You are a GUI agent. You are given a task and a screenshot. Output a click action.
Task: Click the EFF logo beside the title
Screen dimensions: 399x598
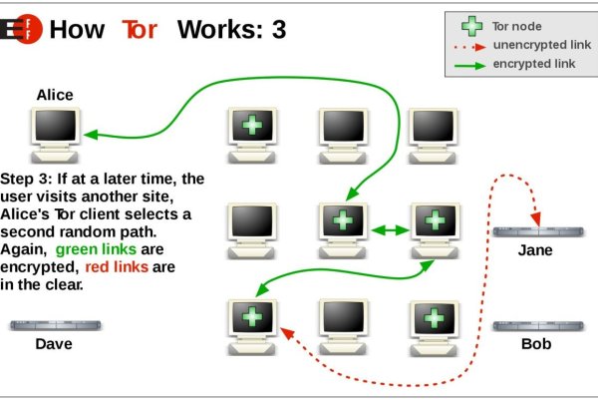[x=19, y=28]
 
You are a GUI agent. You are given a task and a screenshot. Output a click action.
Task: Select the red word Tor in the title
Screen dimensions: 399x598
[x=139, y=29]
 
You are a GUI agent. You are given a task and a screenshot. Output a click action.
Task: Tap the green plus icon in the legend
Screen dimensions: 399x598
[x=466, y=27]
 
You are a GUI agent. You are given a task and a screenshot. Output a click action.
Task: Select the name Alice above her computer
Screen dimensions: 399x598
[x=55, y=95]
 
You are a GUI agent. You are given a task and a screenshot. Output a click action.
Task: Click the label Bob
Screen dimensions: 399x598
[x=535, y=344]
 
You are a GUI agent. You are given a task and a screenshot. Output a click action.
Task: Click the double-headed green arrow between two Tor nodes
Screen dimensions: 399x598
[x=390, y=229]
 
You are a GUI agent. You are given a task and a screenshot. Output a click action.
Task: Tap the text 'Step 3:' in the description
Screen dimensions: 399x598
[x=29, y=179]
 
